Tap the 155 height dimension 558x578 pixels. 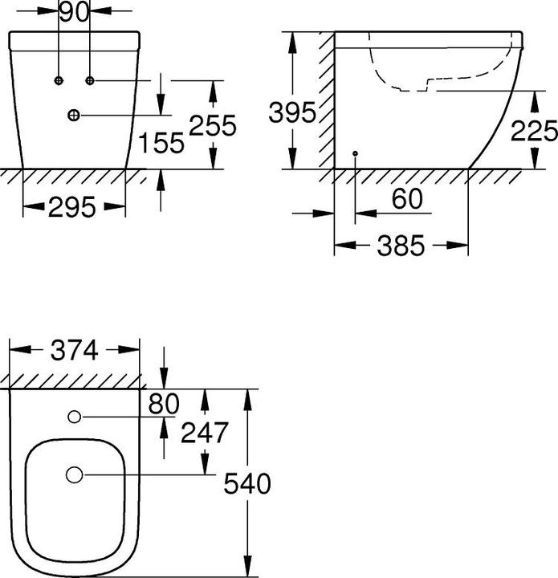coord(161,142)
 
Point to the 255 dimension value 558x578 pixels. coord(213,125)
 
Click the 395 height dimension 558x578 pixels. coord(292,112)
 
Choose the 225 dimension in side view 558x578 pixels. coord(534,129)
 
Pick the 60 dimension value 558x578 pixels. coord(407,200)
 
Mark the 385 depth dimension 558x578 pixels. coord(401,246)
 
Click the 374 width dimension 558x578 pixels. coord(74,350)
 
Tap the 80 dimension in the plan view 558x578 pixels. coord(164,404)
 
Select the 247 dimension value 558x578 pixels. coord(205,433)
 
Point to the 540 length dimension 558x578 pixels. coord(247,483)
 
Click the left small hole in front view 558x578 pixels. coord(59,80)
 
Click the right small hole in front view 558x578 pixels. coord(90,80)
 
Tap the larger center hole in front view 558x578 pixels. coord(74,115)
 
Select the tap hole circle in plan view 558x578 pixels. coord(75,417)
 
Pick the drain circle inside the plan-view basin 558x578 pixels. coord(75,475)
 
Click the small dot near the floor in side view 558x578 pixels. coord(354,153)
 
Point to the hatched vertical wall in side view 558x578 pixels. coord(325,100)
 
